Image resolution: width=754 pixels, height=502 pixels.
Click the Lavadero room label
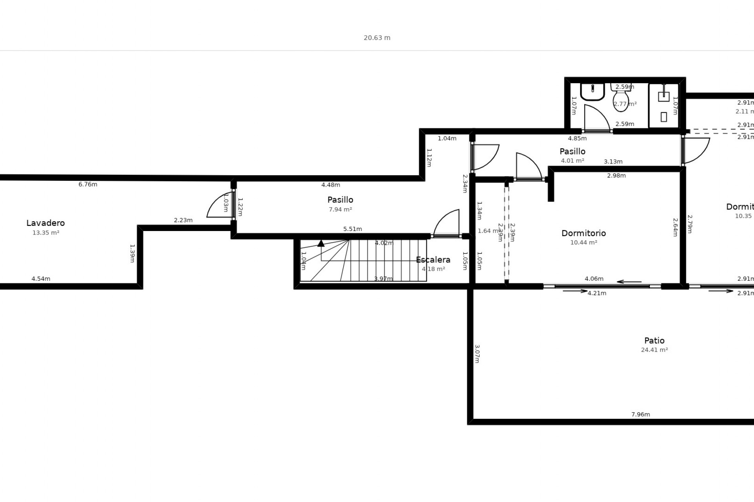(46, 223)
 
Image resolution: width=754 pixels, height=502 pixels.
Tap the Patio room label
(654, 341)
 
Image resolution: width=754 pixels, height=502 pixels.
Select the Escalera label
(433, 260)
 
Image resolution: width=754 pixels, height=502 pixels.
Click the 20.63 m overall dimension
(377, 38)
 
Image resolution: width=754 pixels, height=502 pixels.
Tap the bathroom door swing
(596, 118)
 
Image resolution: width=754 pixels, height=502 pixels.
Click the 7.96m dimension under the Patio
(641, 415)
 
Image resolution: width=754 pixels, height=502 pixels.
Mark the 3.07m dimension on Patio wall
(477, 354)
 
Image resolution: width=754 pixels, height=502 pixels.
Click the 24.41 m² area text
(654, 350)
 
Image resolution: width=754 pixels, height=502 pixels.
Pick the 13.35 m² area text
(46, 233)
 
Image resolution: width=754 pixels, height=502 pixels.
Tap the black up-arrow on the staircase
(321, 244)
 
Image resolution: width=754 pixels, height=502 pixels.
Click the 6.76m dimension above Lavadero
(88, 184)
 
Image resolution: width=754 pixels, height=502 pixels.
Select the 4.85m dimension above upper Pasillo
(577, 138)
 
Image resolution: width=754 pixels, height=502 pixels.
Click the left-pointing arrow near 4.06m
(629, 282)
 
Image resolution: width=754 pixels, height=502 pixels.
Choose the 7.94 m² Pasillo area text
(340, 210)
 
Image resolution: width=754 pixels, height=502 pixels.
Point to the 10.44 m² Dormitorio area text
(584, 243)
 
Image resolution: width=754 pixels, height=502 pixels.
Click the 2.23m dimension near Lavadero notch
(183, 220)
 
